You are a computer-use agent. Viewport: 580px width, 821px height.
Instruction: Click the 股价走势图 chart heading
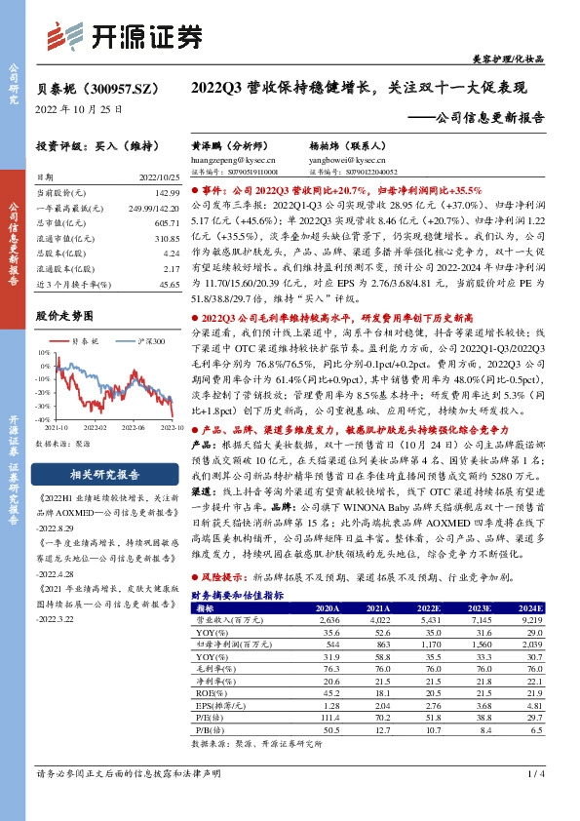[64, 316]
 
